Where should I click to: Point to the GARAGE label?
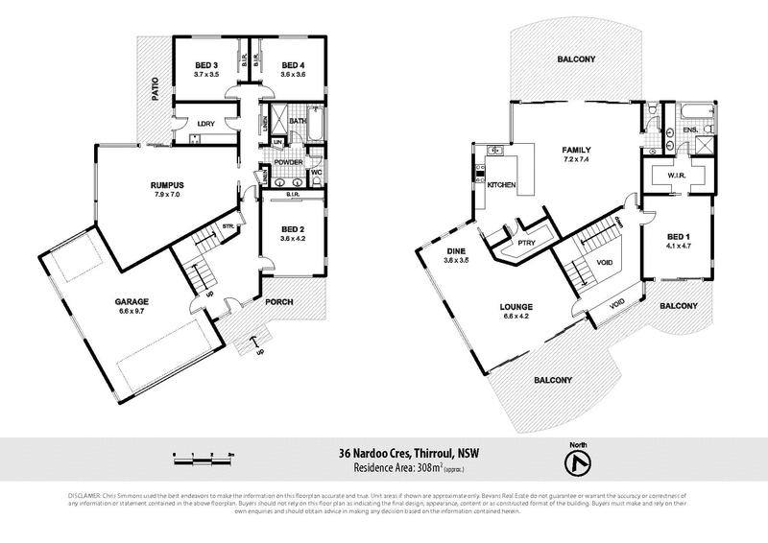[x=133, y=302]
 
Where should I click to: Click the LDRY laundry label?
[x=204, y=124]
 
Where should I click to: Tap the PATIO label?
[x=154, y=90]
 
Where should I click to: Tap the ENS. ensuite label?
[x=689, y=129]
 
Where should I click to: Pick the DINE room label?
[x=456, y=251]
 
